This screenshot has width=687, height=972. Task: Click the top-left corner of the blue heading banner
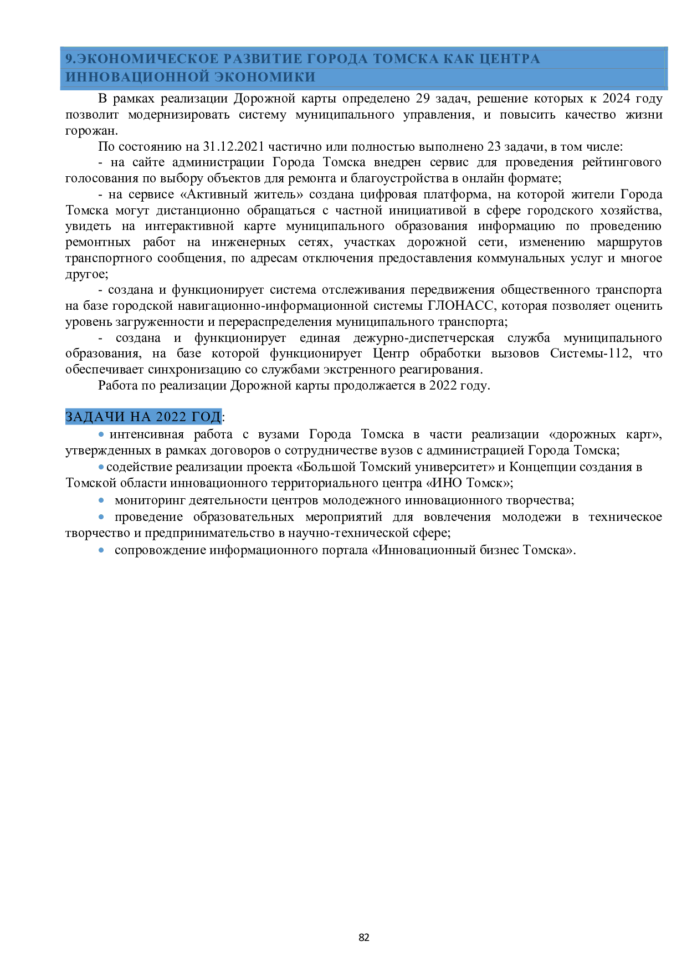(60, 48)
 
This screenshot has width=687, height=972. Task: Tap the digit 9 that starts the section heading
(69, 59)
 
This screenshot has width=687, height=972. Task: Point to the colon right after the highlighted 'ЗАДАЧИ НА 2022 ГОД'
(223, 417)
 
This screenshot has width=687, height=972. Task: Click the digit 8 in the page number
(361, 937)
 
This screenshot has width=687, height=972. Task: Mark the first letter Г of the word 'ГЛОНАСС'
(430, 306)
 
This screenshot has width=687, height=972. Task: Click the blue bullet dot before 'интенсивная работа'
(101, 435)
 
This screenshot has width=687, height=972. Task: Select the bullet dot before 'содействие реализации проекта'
(101, 467)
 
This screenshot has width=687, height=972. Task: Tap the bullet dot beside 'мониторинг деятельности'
(101, 500)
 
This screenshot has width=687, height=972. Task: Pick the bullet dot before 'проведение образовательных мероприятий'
(101, 517)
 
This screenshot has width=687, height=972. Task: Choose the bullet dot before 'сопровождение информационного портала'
(101, 550)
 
